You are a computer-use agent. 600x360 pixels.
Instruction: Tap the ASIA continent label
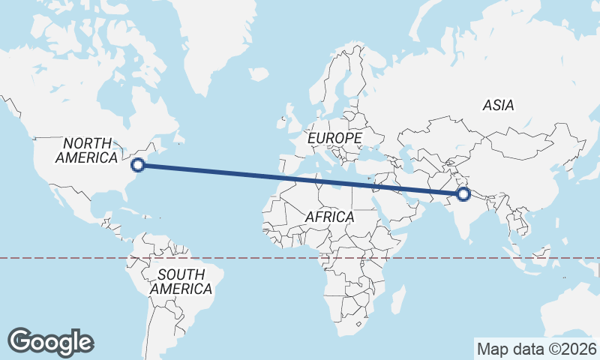pos(499,106)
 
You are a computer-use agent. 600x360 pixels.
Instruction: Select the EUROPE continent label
pos(334,139)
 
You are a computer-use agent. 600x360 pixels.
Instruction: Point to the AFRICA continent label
pos(330,217)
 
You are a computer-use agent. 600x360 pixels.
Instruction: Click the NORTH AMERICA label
pos(87,150)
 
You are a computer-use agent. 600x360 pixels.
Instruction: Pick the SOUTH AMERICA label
pos(181,282)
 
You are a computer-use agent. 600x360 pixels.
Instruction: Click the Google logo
pos(51,341)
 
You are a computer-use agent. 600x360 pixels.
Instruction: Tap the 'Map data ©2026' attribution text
pos(536,349)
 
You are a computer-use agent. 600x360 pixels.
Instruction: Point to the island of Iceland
pos(258,74)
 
